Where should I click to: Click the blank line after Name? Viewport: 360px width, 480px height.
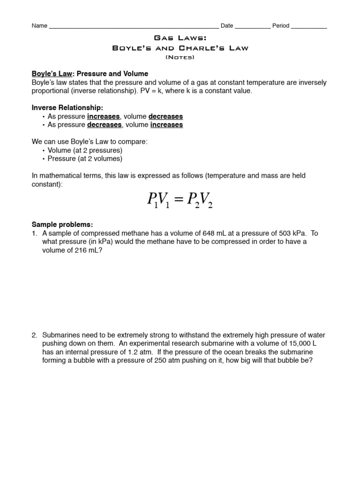(133, 27)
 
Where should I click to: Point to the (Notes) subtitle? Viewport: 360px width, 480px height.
(180, 57)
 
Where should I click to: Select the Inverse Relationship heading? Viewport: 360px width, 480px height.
(67, 108)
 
